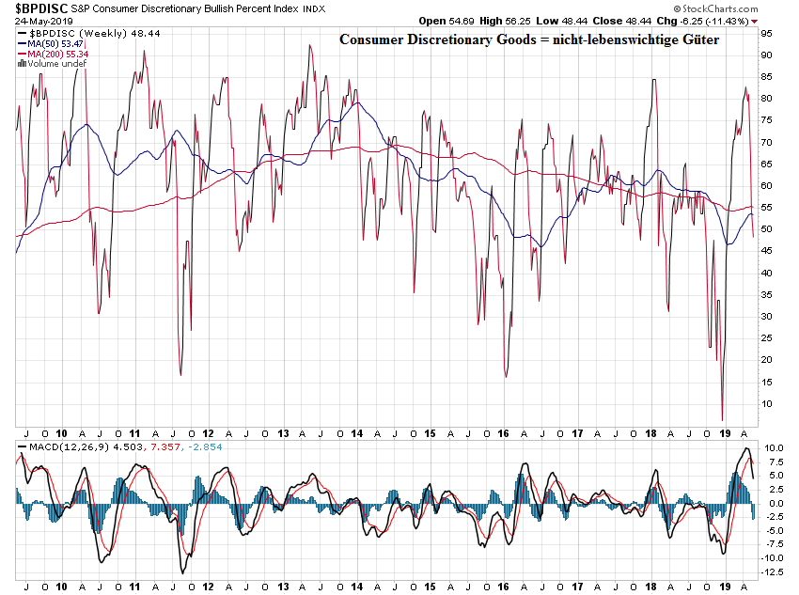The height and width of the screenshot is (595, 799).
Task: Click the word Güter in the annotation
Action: coord(696,40)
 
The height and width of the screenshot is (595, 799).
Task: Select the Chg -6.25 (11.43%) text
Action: coord(715,20)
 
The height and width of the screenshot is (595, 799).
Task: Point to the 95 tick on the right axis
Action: coord(766,33)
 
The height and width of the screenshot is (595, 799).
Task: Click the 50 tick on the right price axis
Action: coord(766,229)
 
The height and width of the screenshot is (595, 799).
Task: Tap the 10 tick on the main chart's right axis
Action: coord(766,403)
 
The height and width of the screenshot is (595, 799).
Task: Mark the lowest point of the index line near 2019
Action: coord(722,420)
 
